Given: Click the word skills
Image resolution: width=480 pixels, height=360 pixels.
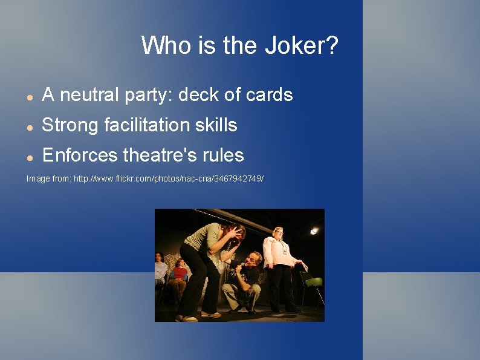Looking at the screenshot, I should tap(218, 125).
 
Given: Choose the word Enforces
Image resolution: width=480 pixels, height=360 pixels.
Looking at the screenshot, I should tap(80, 155).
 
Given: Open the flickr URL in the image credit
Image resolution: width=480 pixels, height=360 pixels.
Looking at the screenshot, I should tap(169, 179).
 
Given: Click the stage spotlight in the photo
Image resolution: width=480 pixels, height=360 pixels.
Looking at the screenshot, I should tap(314, 231).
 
